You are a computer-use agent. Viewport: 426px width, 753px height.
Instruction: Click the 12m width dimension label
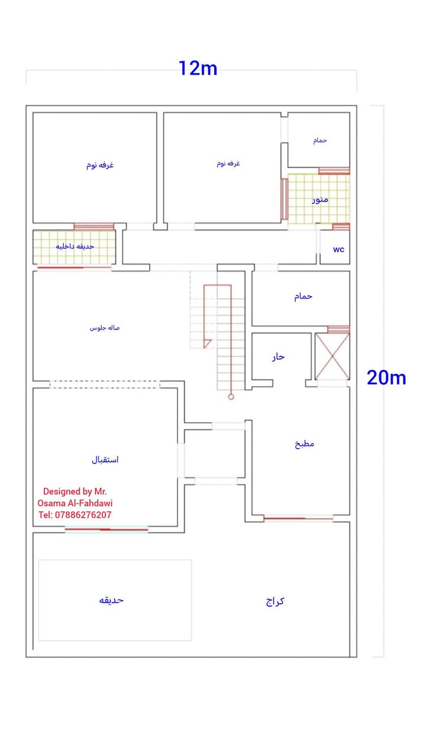[x=198, y=68]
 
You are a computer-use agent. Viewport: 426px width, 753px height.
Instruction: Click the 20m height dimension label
[x=386, y=377]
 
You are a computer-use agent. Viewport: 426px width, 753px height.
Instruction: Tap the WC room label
[x=338, y=249]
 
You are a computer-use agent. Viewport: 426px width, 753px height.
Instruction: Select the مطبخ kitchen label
[x=304, y=444]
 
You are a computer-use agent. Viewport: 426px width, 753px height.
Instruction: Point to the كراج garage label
[x=275, y=601]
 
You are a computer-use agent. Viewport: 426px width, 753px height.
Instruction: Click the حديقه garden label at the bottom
[x=111, y=600]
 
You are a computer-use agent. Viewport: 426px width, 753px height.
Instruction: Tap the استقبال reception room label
[x=105, y=460]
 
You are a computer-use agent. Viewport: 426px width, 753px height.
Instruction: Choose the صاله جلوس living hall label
[x=104, y=328]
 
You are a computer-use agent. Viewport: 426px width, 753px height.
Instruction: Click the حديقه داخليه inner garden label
[x=75, y=246]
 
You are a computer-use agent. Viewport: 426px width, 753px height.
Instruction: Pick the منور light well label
[x=320, y=200]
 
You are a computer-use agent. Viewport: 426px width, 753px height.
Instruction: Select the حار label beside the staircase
[x=278, y=357]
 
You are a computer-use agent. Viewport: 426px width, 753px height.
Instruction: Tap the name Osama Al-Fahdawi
[x=75, y=503]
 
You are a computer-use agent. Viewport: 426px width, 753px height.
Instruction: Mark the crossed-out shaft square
[x=332, y=356]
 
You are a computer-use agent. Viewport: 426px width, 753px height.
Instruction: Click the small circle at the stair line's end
[x=231, y=397]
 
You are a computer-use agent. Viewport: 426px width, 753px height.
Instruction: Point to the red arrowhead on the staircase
[x=207, y=344]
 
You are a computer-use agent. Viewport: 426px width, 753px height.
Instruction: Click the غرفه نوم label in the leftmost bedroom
[x=100, y=165]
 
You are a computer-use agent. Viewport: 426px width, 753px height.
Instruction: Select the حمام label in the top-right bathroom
[x=320, y=140]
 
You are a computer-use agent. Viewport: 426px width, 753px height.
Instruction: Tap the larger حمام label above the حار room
[x=303, y=296]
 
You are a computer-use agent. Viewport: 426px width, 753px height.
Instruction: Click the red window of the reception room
[x=106, y=530]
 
